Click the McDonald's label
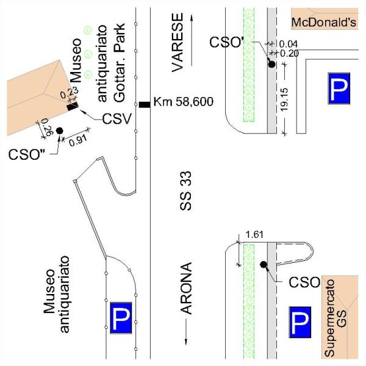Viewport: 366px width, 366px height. [324, 23]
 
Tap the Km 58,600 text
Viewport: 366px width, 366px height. [183, 102]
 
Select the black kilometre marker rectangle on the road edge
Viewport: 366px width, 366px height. [145, 104]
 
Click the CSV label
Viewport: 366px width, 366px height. [117, 119]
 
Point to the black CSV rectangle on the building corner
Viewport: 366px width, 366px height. [73, 107]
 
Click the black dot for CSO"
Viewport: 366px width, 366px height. [60, 131]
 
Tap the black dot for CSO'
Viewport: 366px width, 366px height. [271, 64]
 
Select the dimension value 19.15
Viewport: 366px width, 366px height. [284, 99]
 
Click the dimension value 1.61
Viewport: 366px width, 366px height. [254, 234]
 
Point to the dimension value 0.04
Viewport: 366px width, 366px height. [289, 44]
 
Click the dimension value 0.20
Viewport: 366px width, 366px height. [289, 54]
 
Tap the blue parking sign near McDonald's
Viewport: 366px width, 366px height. [339, 88]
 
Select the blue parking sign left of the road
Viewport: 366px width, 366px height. [121, 318]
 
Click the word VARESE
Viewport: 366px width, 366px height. [178, 42]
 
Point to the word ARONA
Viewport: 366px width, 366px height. [187, 289]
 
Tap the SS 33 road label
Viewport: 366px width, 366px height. [186, 191]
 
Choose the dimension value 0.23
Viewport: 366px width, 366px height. [69, 93]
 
